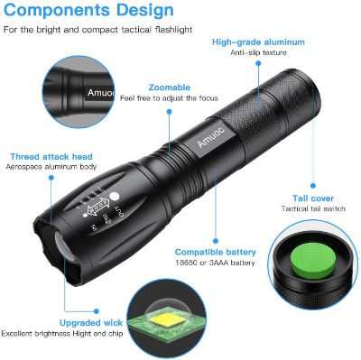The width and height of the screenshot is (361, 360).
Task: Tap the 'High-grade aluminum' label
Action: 258,42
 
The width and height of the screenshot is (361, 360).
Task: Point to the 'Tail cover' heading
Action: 313,198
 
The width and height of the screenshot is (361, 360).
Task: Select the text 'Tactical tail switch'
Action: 313,208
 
